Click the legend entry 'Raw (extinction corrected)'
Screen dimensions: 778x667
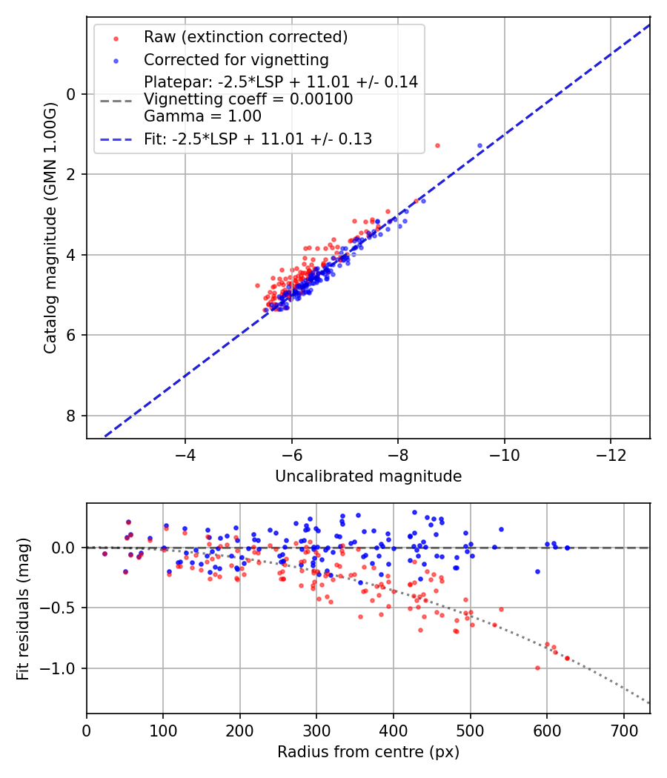point(245,37)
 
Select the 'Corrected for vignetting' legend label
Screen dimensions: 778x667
point(236,59)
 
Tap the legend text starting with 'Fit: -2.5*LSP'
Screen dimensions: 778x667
point(258,139)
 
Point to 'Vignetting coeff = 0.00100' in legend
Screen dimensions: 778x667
point(248,99)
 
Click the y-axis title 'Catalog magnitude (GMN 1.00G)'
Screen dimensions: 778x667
point(50,227)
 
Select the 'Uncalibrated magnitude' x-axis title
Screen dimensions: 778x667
point(368,476)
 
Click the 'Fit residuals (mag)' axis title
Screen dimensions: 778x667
point(23,608)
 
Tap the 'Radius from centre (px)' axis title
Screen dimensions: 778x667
point(368,752)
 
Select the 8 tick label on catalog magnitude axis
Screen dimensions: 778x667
point(72,416)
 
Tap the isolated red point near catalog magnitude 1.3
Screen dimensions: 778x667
point(437,145)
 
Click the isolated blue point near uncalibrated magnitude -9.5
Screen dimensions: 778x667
point(479,146)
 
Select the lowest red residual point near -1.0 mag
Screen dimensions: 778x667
point(537,668)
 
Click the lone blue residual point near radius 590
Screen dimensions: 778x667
point(537,571)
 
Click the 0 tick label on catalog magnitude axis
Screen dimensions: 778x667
point(72,94)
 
